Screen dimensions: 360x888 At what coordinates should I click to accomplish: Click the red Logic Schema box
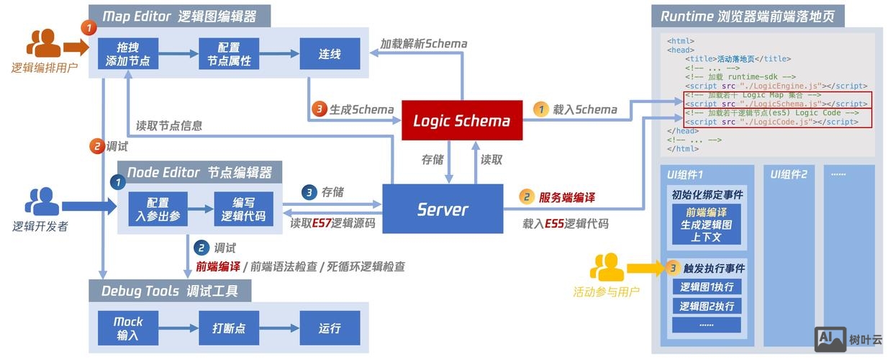pos(461,120)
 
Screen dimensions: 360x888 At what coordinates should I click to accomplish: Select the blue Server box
pos(442,209)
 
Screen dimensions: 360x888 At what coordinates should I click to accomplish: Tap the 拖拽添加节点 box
pos(127,54)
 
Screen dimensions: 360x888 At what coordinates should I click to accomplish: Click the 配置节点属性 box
pos(229,54)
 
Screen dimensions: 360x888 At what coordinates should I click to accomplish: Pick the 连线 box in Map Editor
pos(330,54)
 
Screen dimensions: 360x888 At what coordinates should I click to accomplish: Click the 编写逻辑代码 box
pos(243,209)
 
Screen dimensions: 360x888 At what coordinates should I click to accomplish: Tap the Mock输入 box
pos(127,328)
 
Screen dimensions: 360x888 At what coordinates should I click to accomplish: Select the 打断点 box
pos(229,328)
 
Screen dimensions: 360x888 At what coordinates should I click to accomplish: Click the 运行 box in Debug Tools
pos(330,328)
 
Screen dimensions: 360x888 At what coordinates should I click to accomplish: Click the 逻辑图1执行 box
pos(706,287)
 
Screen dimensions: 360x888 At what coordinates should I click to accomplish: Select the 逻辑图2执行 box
pos(706,306)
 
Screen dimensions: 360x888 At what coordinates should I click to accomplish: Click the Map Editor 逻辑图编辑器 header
pos(179,15)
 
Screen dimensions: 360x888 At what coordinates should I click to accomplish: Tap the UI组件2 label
pos(789,174)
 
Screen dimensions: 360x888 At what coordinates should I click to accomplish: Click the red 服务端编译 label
pos(566,197)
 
